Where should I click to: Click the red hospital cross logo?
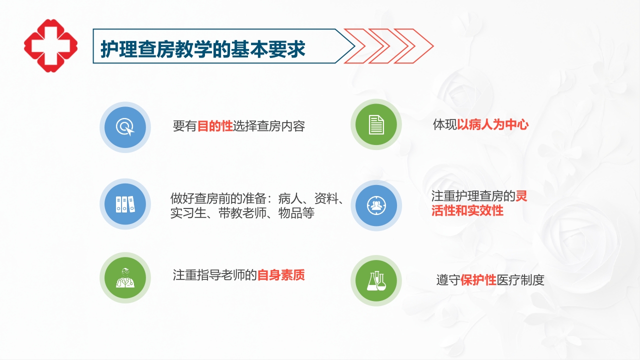pos(50,45)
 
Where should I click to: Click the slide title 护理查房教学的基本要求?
pos(203,49)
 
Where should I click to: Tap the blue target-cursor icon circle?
pos(125,127)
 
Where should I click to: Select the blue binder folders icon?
pos(125,204)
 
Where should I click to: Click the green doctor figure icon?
pos(125,277)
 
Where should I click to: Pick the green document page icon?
pos(376,124)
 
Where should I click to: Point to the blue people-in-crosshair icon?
pos(376,205)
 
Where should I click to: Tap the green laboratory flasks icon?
pos(376,281)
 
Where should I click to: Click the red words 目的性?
pos(215,126)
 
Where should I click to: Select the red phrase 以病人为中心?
pos(492,124)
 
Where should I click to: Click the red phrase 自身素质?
pos(281,275)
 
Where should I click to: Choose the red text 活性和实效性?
pos(467,210)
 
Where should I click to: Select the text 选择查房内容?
pos(269,126)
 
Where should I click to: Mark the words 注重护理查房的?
pos(473,196)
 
